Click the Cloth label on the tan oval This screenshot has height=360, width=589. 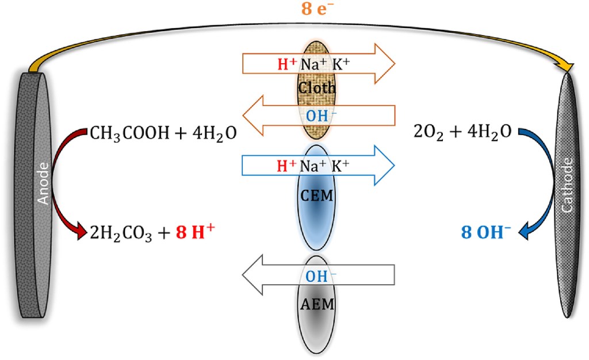[316, 88]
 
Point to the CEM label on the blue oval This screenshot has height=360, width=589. [317, 196]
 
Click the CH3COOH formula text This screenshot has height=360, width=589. [126, 134]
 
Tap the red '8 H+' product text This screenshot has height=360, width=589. [196, 233]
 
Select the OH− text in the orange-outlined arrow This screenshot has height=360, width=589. [317, 115]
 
